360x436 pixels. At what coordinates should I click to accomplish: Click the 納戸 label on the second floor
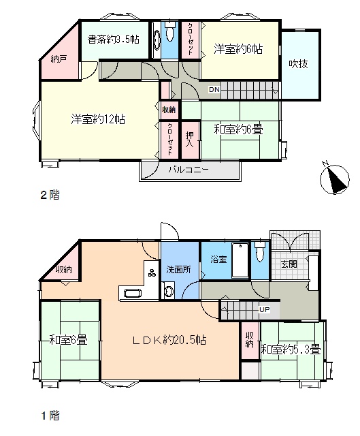point(59,59)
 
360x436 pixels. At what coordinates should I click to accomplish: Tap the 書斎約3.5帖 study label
point(113,40)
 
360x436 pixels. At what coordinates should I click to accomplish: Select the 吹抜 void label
point(298,64)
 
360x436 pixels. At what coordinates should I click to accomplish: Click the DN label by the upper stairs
point(214,89)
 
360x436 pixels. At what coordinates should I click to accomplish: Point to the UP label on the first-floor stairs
point(264,309)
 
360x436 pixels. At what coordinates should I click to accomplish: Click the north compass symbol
point(335,179)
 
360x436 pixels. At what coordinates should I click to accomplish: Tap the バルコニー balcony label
point(189,170)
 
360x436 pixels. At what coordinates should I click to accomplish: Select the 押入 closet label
point(190,140)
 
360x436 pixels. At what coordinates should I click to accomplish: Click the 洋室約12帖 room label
point(98,119)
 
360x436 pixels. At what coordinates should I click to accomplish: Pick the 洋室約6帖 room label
point(238,49)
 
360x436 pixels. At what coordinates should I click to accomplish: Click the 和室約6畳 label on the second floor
point(238,129)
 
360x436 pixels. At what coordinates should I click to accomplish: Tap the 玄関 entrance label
point(289,264)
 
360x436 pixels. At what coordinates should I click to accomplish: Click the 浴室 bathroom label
point(218,260)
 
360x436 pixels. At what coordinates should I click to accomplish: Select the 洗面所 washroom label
point(178,270)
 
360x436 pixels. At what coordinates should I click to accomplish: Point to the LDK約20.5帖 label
point(169,340)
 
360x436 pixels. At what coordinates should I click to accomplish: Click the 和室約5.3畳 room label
point(291,349)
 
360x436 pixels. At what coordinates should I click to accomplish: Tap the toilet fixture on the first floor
point(260,251)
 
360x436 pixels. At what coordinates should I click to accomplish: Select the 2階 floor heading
point(50,195)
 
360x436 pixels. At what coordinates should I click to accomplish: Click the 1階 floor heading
point(50,416)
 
